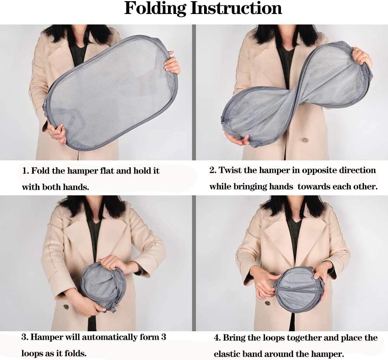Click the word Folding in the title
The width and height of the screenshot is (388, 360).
[155, 9]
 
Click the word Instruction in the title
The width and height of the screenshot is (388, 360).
[237, 8]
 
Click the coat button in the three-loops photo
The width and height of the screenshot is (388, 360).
[66, 307]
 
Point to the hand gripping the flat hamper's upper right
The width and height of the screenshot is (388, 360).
[172, 65]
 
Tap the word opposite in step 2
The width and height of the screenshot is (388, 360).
[319, 170]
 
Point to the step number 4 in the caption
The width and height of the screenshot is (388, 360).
[217, 337]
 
